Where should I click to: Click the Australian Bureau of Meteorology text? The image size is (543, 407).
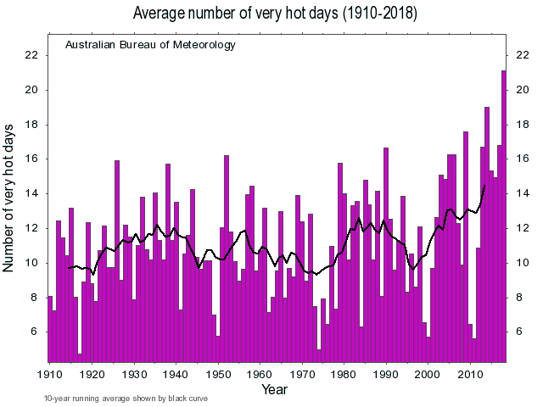point(150,44)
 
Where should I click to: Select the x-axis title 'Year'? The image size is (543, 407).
point(275,389)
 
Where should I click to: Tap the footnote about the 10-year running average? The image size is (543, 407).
point(126,399)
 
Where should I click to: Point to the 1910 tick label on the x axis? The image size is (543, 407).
point(49,373)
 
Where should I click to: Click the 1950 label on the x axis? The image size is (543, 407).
point(218,373)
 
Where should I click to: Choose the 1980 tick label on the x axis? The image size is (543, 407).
point(344,373)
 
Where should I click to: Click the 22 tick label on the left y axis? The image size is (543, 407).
point(31,55)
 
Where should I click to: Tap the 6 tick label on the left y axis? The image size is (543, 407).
point(34,332)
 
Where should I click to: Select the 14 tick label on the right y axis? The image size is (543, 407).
point(521,193)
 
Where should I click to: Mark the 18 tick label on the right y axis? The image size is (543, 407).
point(521,125)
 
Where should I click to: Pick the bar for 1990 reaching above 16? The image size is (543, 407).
point(386,254)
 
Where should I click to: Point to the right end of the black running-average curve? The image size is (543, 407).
point(484,185)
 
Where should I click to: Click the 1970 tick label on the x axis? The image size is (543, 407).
point(302,373)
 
